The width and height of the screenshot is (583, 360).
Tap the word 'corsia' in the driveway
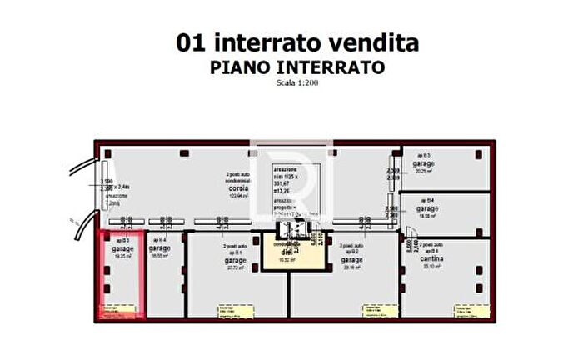click(239, 188)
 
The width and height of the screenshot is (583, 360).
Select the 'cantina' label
click(431, 258)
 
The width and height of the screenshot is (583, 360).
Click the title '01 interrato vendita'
click(297, 43)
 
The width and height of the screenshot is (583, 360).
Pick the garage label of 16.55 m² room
click(159, 248)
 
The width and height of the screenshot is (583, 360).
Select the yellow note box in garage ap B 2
click(369, 310)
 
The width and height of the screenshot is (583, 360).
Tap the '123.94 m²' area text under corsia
click(239, 196)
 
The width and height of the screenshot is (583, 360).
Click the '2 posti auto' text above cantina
click(431, 244)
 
